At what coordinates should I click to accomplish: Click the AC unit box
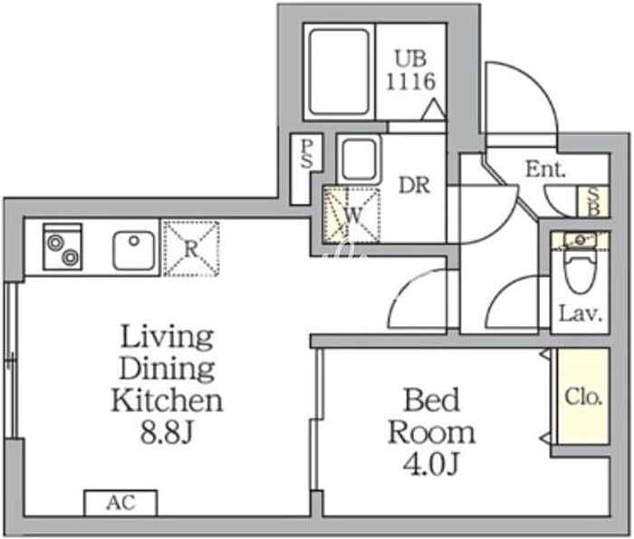tap(120, 503)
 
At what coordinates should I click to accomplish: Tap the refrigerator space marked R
tap(191, 249)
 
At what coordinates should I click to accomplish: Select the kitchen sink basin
tap(133, 251)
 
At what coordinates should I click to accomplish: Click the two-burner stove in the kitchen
tap(62, 246)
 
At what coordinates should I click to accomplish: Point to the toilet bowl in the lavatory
tap(581, 271)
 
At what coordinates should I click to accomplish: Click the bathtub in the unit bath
tap(340, 72)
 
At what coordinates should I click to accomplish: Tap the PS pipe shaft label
tap(307, 154)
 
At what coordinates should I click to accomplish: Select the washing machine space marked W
tap(351, 215)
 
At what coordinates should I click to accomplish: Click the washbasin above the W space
tap(359, 159)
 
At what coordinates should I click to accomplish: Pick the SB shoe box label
tap(592, 201)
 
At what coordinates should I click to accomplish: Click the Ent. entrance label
tap(545, 169)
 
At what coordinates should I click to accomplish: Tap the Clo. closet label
tap(583, 397)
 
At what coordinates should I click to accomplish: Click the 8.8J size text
tap(166, 432)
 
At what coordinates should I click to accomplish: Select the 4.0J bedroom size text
tap(431, 464)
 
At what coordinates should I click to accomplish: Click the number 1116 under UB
tap(411, 82)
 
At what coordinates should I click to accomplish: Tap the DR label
tap(414, 185)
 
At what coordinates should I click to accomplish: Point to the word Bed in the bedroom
tap(431, 399)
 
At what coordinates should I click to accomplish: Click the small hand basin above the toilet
tap(581, 240)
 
